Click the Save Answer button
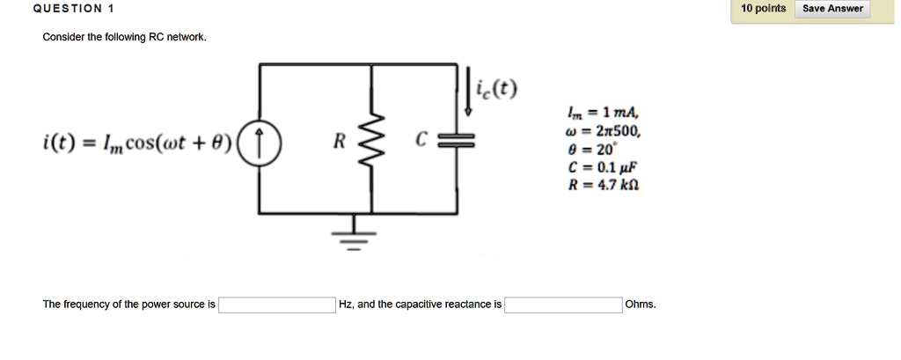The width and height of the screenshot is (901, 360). point(832,9)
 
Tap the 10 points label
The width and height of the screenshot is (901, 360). point(763,8)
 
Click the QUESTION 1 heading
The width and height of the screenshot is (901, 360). point(74,8)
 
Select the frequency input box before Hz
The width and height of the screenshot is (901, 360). point(277,305)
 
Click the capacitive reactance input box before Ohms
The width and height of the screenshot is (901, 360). point(563,305)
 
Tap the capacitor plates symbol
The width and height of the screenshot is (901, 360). point(457,140)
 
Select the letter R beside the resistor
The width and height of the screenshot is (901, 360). point(340,141)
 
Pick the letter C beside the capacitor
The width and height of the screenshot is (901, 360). point(422,140)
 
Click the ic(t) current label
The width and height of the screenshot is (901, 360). point(496,89)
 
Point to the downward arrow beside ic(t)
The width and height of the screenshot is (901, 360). point(468,92)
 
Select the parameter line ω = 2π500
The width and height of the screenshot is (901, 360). point(603,132)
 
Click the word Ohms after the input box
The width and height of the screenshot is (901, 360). point(641,305)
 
